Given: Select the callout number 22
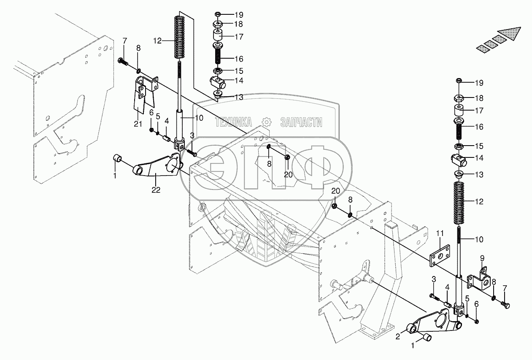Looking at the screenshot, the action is click(x=156, y=190).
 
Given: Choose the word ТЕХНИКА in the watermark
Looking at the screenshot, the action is click(x=233, y=122).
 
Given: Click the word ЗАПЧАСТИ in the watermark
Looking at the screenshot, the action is click(x=301, y=122).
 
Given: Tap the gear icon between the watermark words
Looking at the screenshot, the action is click(x=266, y=122).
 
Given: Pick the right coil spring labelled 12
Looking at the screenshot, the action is click(x=461, y=203).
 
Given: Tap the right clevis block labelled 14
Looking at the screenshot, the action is click(x=459, y=160).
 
